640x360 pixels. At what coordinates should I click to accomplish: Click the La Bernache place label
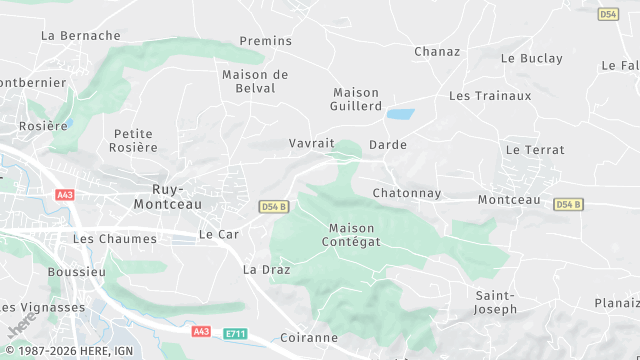80,35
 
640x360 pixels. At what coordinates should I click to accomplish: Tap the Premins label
265,41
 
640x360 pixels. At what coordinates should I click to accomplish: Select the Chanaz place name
437,51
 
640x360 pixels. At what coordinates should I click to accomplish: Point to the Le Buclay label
533,58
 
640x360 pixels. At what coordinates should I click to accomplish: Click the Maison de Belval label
255,81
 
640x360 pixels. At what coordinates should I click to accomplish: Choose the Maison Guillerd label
357,99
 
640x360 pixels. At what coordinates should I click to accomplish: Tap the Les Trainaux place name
490,96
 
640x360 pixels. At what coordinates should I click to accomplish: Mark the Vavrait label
311,144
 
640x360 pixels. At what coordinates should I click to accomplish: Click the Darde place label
388,145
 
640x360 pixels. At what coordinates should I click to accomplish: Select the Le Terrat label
535,150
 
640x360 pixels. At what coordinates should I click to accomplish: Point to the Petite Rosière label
136,140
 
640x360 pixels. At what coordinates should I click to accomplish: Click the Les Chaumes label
115,239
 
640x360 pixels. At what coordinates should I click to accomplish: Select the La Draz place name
265,270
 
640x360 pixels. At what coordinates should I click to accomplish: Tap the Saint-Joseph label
495,302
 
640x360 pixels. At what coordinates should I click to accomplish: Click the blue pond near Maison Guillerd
401,115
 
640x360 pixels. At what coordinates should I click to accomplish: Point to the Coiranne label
309,338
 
